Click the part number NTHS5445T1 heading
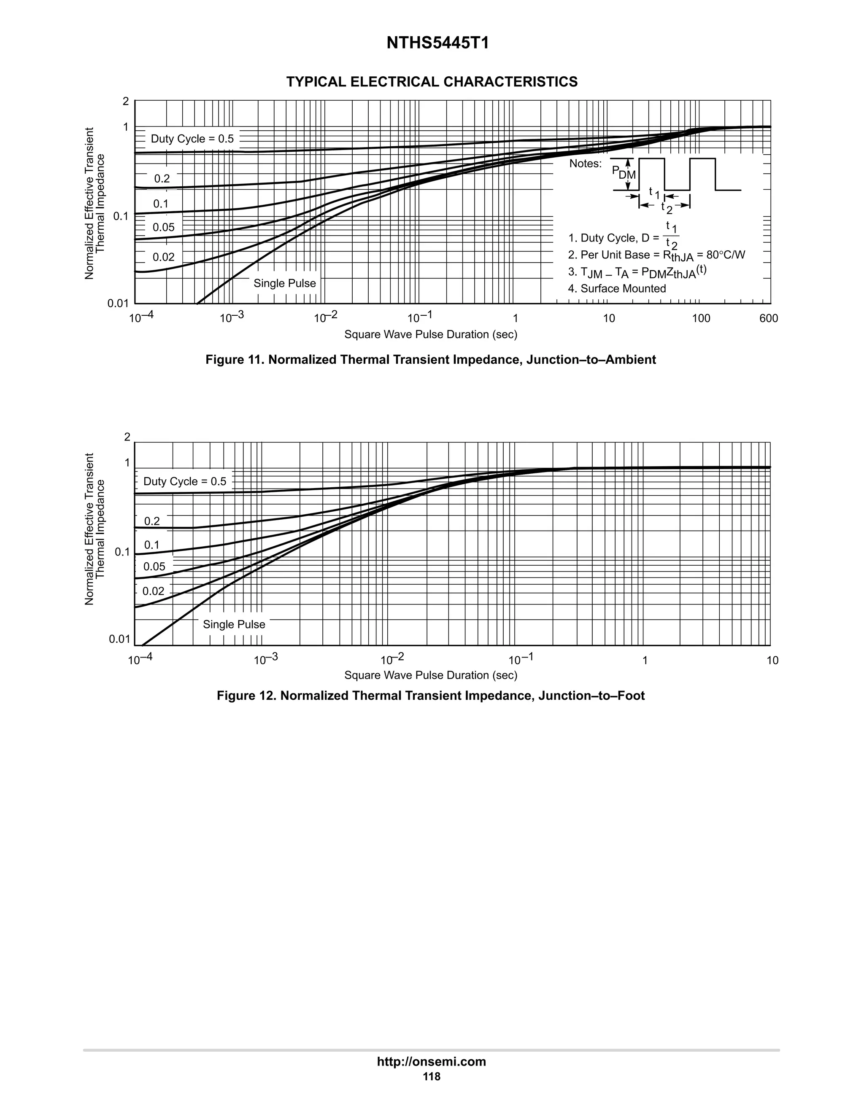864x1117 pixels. (x=437, y=43)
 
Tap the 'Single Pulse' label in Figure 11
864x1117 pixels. (x=285, y=283)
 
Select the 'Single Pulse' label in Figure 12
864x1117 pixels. (x=234, y=625)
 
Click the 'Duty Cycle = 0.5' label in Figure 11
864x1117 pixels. (x=192, y=139)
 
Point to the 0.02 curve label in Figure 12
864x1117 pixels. (x=153, y=592)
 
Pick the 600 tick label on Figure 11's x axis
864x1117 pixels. (x=768, y=319)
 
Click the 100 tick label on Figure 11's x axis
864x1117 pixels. (x=701, y=319)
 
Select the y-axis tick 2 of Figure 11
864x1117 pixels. (x=125, y=101)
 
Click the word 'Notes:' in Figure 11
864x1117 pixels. (x=586, y=164)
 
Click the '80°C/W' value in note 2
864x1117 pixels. (x=725, y=255)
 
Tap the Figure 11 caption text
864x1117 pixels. (x=430, y=360)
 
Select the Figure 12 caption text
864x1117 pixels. (x=430, y=696)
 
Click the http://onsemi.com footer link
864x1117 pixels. (x=432, y=1062)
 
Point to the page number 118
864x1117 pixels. (x=432, y=1077)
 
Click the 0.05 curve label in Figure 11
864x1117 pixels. (x=163, y=228)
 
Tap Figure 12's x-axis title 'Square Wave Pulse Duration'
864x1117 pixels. (x=430, y=676)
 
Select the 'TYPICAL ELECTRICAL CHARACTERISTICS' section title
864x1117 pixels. (x=432, y=82)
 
